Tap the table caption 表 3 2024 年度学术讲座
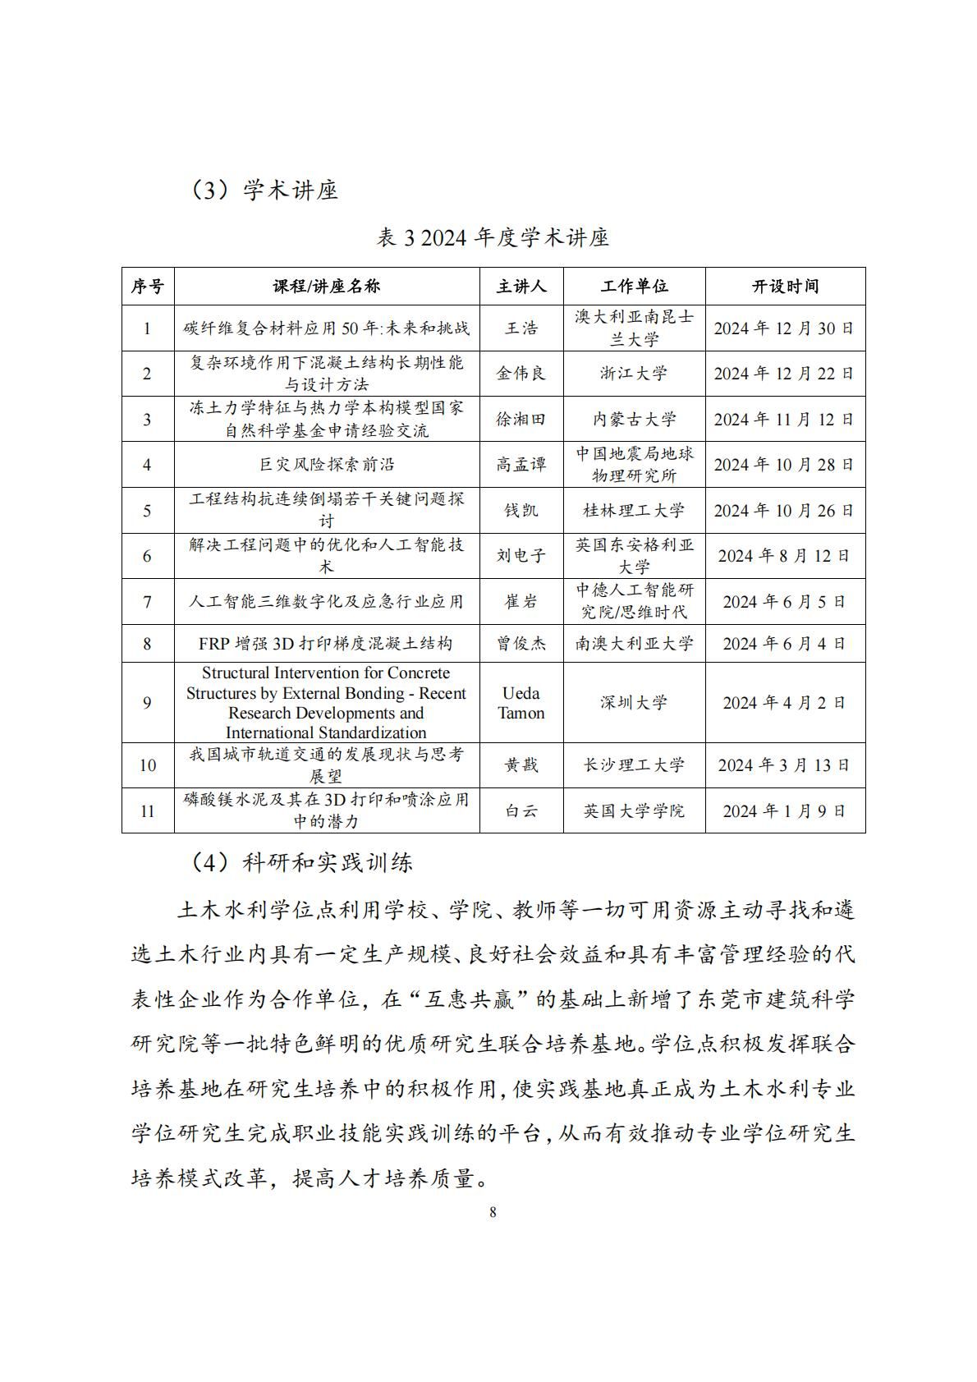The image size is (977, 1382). (493, 238)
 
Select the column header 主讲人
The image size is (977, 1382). (521, 287)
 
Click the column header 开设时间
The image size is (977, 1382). (785, 287)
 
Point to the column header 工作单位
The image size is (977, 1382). (634, 287)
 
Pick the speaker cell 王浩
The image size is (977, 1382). (521, 328)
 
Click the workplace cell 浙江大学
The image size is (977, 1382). (634, 374)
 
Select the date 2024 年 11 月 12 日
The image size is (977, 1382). (784, 420)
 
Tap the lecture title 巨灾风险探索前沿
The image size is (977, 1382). (327, 465)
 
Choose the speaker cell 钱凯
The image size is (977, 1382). (521, 511)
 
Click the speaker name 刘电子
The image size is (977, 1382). (521, 556)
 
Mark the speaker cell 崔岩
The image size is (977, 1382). (521, 602)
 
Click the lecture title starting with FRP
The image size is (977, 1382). (326, 644)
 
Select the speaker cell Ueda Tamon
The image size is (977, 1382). (521, 703)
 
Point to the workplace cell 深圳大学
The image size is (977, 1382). (634, 703)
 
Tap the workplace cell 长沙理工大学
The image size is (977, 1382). (634, 765)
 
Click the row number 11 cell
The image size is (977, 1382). (148, 811)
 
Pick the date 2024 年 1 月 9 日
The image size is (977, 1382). (784, 811)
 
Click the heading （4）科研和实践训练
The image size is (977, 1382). (302, 862)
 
